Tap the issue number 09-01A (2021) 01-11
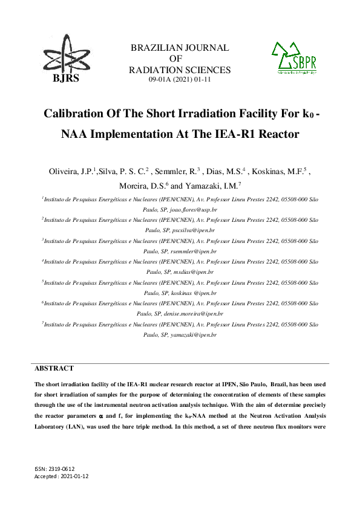[180, 79]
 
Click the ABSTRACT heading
[54, 368]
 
